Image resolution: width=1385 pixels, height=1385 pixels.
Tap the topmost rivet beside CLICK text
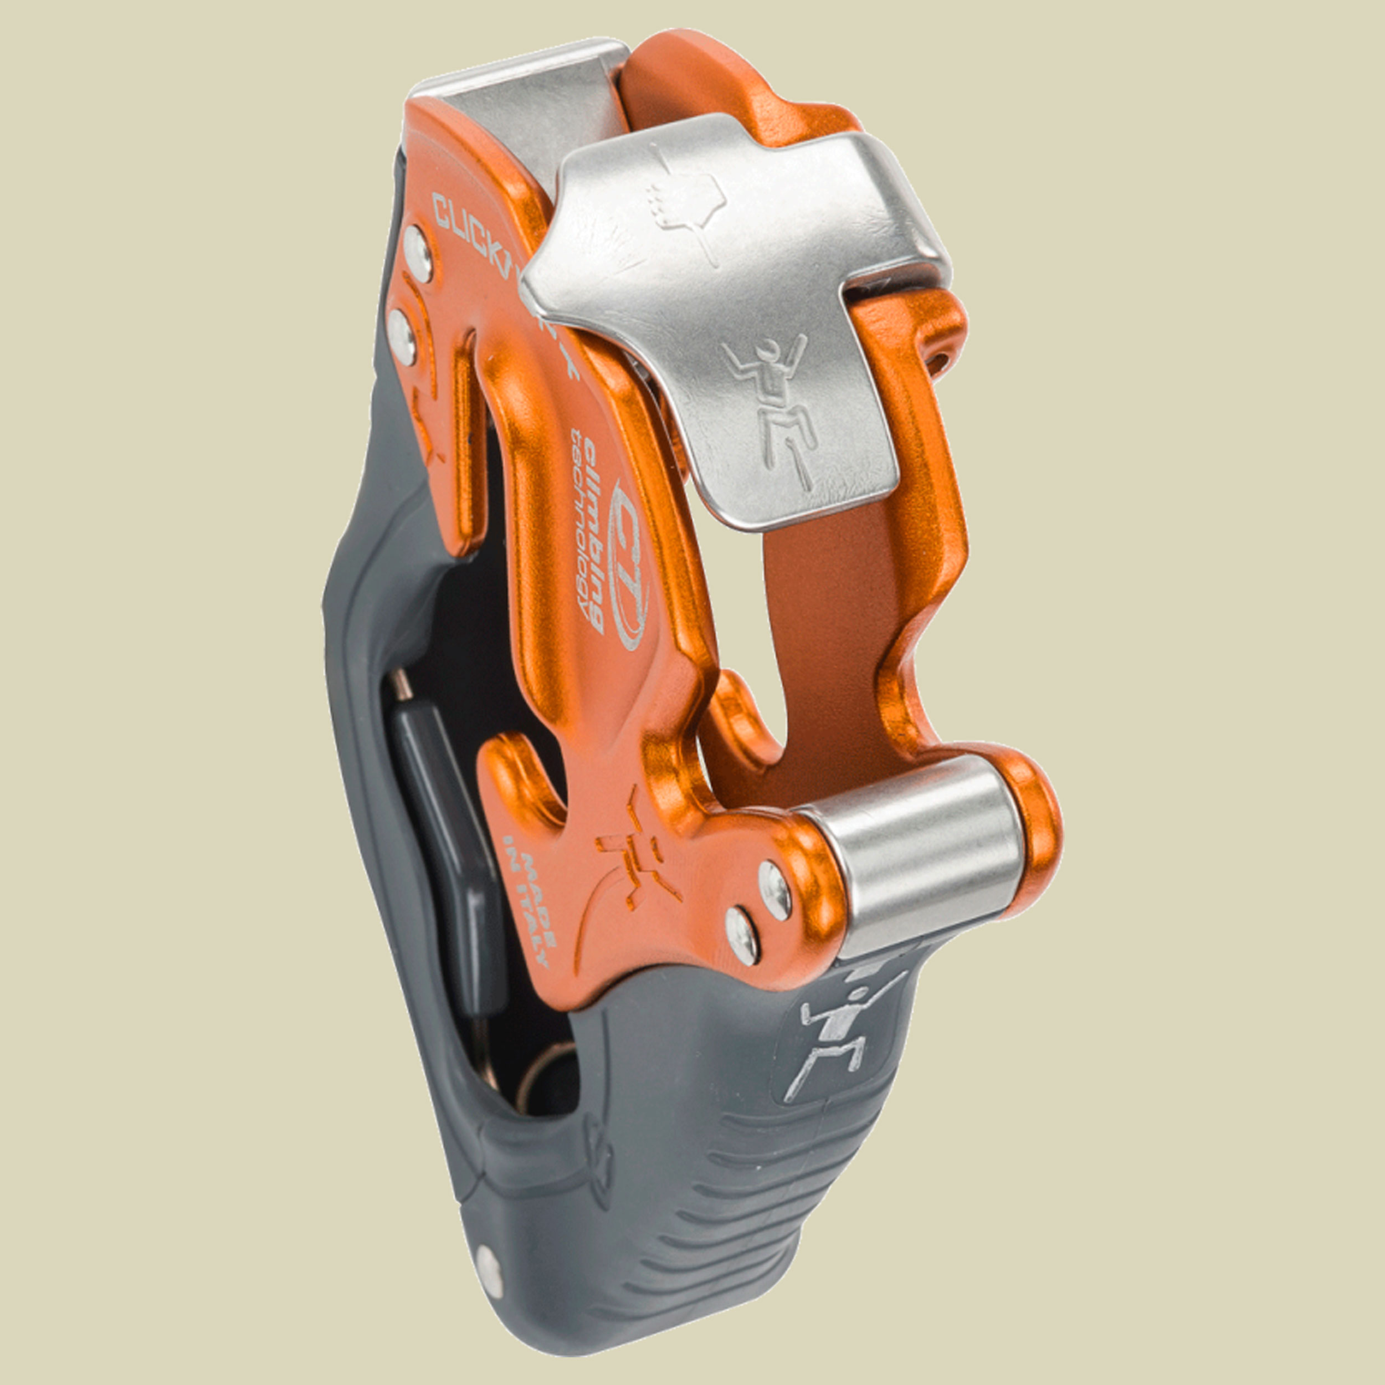click(x=417, y=252)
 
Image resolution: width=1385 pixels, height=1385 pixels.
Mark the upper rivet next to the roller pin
click(x=775, y=889)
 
